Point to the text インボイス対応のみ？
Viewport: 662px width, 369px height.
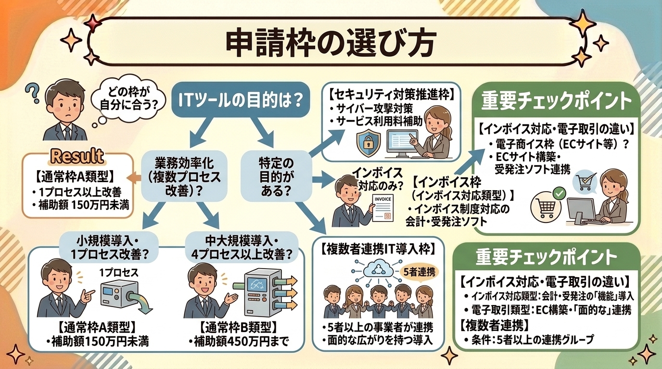point(370,177)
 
